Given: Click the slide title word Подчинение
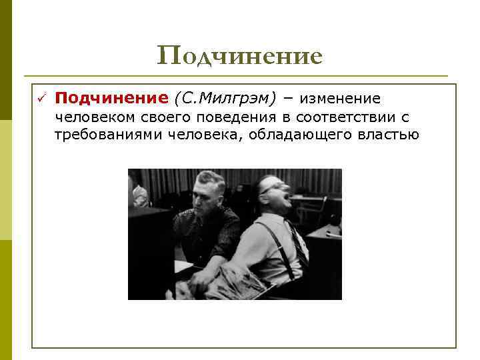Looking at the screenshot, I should tap(239, 56).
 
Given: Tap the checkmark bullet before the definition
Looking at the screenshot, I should tap(40, 99).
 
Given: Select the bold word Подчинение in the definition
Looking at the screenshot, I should tap(111, 99).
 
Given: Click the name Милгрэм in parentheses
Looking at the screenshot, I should tap(237, 99).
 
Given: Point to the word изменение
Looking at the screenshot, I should tap(340, 99).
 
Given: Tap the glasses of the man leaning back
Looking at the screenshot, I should tap(273, 186).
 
